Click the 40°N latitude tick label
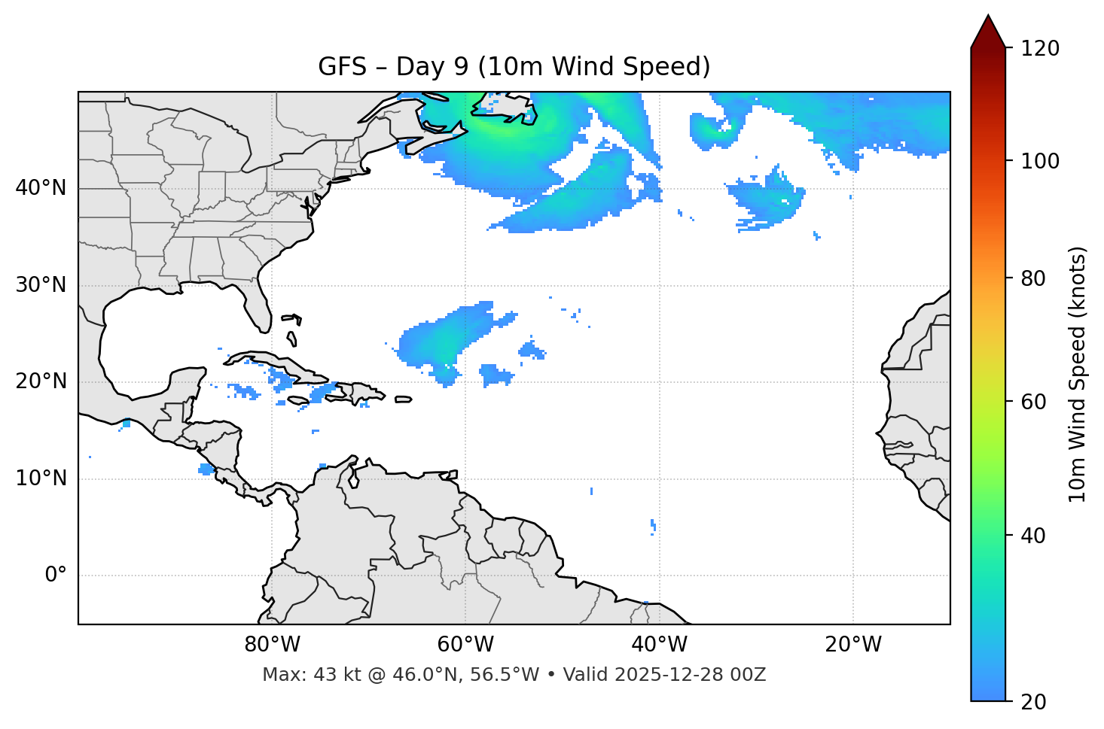41,188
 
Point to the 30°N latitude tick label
41,285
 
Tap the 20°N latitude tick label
41,381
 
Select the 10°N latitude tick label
41,478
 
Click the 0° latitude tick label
56,576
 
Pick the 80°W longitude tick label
272,645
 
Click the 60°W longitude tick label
465,645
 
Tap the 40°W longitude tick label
659,645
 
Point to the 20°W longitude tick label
852,645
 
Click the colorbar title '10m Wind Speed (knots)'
1078,374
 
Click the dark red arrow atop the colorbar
988,32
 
